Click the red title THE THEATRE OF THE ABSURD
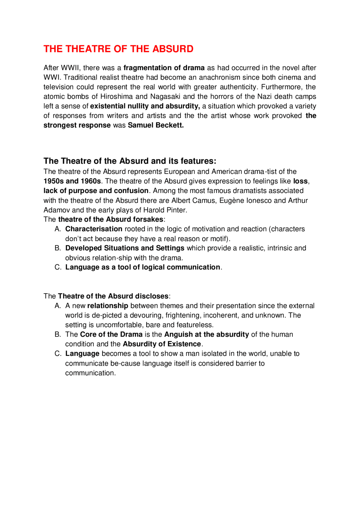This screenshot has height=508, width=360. point(118,49)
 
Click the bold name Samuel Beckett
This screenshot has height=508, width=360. point(156,125)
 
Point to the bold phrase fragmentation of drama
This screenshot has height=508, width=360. point(164,68)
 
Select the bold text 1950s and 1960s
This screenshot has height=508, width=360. point(72,181)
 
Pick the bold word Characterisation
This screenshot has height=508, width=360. point(94,229)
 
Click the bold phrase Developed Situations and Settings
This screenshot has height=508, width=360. point(125,248)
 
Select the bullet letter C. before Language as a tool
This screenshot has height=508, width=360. point(58,267)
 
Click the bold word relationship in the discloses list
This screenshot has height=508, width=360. point(107,306)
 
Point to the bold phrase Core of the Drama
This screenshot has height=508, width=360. point(111,334)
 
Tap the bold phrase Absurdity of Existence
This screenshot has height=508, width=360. point(162,344)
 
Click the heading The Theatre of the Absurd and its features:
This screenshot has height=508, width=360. point(130,161)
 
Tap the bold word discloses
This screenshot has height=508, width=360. point(152,296)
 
